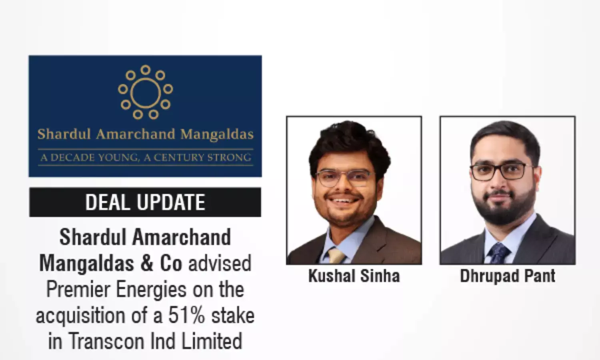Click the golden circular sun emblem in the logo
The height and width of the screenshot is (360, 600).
pyautogui.click(x=145, y=92)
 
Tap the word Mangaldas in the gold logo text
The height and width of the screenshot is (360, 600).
pyautogui.click(x=217, y=134)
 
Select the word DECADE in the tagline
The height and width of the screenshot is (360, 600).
pyautogui.click(x=72, y=158)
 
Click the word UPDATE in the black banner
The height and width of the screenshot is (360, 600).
pyautogui.click(x=171, y=202)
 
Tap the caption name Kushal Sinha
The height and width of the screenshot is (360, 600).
pyautogui.click(x=354, y=276)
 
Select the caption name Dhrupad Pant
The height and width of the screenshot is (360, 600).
pyautogui.click(x=507, y=276)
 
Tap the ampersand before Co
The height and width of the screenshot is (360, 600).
pyautogui.click(x=147, y=263)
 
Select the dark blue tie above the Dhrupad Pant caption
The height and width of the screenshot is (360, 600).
pyautogui.click(x=498, y=254)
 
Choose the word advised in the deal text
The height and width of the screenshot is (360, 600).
pyautogui.click(x=220, y=263)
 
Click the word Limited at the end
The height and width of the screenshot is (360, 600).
pyautogui.click(x=212, y=341)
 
